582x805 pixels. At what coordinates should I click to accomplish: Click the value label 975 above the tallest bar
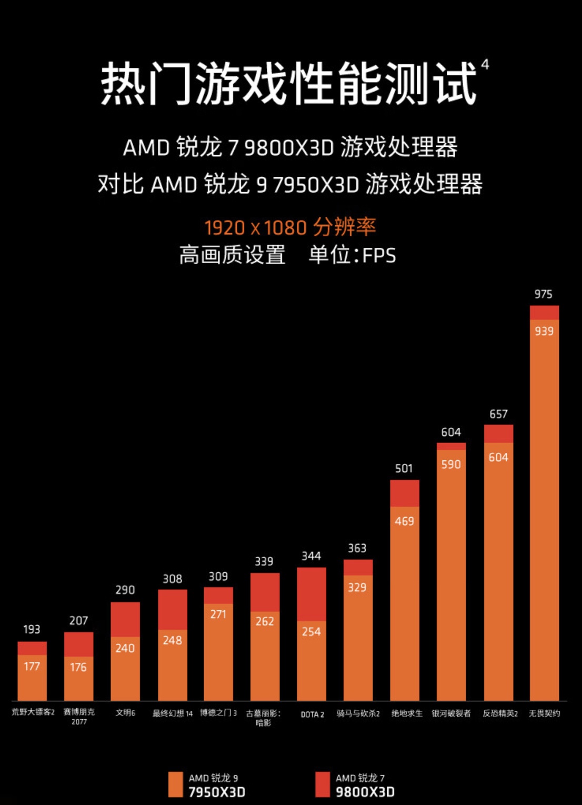tap(544, 294)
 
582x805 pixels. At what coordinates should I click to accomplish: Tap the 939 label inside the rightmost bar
tap(544, 331)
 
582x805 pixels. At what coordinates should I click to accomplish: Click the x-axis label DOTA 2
tap(312, 715)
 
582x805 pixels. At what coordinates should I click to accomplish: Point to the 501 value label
tap(404, 469)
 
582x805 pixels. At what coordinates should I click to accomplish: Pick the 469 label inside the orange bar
tap(404, 521)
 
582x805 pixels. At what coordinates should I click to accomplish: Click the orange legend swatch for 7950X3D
tap(175, 784)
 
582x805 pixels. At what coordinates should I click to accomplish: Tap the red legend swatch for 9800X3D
tap(322, 784)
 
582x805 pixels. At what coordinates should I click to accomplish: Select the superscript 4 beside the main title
tap(485, 65)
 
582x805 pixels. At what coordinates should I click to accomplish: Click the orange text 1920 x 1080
tap(255, 228)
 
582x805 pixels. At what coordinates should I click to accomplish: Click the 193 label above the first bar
tap(32, 629)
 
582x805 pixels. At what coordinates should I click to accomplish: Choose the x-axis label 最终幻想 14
tap(173, 713)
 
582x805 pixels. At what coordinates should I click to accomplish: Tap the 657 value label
tap(498, 414)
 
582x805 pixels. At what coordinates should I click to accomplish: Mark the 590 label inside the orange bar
tap(451, 465)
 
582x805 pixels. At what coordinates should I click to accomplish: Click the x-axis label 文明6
tap(125, 713)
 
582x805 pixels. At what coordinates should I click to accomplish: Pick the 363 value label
tap(357, 548)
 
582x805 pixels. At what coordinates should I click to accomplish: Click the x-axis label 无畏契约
tap(544, 713)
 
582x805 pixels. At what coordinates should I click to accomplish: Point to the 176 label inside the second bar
tap(78, 667)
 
